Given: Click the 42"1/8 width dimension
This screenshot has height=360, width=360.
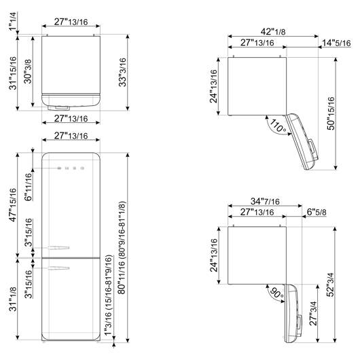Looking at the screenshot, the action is (273, 32).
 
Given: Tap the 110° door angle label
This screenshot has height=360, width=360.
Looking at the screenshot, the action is (278, 126).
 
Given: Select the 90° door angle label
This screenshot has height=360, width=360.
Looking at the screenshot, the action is (276, 293).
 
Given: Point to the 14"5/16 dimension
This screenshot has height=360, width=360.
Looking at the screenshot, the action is (336, 43).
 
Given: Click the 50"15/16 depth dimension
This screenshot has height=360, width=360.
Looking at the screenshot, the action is (331, 113).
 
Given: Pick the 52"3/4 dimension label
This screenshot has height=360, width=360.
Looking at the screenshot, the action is (331, 285).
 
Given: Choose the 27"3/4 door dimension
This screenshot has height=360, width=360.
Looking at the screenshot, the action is (313, 313).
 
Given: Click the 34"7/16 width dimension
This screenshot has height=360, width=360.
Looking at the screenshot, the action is (265, 201).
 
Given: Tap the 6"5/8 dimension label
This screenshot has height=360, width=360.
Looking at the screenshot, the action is (317, 212).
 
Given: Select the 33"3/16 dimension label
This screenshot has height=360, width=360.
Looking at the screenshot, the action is (122, 72).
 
